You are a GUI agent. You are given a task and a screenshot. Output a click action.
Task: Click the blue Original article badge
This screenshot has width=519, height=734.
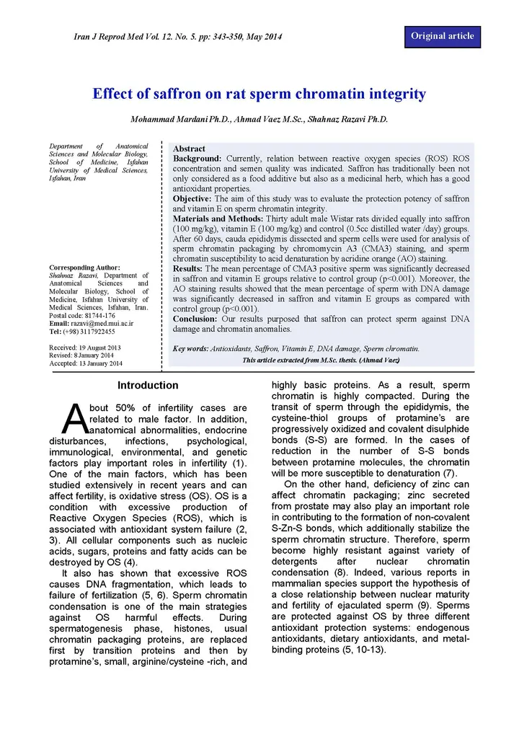click(443, 36)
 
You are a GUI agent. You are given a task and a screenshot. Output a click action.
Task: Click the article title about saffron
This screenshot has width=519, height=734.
click(259, 94)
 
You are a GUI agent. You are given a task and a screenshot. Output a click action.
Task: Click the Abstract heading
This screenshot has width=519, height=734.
click(189, 149)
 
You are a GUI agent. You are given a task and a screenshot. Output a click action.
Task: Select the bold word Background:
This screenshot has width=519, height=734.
click(198, 158)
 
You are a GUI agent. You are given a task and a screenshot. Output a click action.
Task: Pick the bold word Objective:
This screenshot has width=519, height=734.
click(192, 198)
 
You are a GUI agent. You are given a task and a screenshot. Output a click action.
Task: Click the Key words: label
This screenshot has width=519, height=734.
click(190, 349)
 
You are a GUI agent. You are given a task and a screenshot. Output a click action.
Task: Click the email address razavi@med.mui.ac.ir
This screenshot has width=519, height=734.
click(99, 324)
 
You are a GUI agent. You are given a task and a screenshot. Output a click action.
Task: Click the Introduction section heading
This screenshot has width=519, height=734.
click(148, 386)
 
